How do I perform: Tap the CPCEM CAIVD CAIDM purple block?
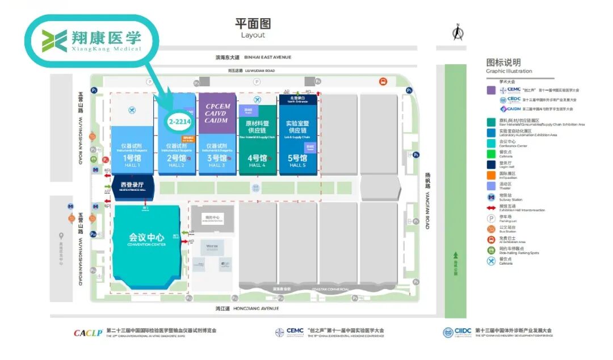click(x=217, y=113)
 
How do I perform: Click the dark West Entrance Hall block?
click(x=132, y=187)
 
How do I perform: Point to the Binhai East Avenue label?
click(x=253, y=57)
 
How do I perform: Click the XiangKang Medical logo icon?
click(x=54, y=40)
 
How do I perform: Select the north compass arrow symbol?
click(x=457, y=33)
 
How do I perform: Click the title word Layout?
click(x=253, y=35)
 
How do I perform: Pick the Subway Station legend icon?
click(x=491, y=197)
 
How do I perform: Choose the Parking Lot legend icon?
click(x=491, y=218)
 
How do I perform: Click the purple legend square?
click(x=491, y=90)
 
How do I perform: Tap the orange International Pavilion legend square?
click(x=491, y=176)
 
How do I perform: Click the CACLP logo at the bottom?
click(x=87, y=332)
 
